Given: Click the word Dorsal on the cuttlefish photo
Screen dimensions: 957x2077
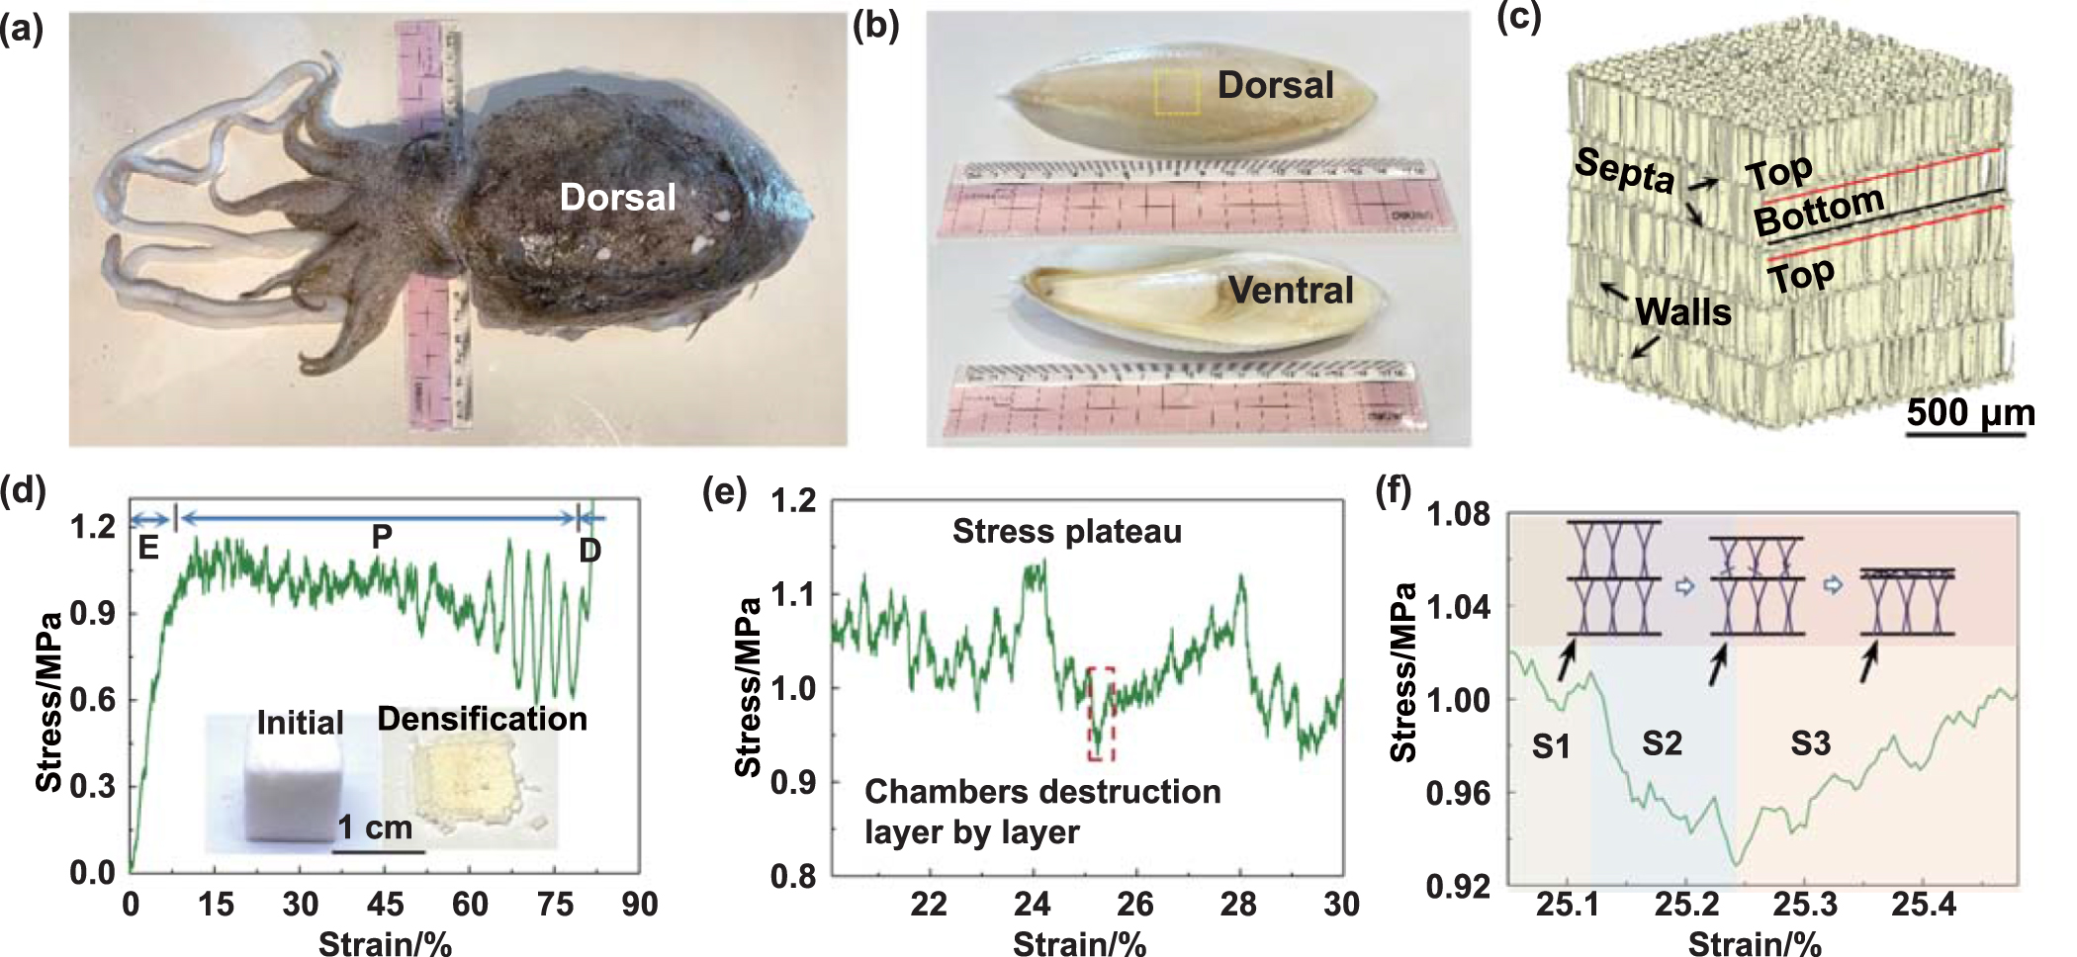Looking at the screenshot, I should [x=617, y=197].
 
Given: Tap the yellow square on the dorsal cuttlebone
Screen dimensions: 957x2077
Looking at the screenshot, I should [x=1176, y=92].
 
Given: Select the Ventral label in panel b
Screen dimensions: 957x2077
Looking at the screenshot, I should [x=1290, y=290].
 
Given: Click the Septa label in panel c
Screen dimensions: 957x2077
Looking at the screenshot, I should [x=1624, y=170].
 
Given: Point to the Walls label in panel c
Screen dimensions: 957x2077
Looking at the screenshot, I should [x=1683, y=312].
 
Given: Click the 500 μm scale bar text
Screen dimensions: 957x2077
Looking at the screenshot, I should [x=1970, y=412].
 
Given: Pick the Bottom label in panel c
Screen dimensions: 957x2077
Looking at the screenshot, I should [x=1819, y=210].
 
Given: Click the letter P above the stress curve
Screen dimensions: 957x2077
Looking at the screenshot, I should [x=382, y=537].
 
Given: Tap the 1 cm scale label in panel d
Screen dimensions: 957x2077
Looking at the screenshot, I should [x=375, y=826].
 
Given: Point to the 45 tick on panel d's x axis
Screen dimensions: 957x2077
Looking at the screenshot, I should [x=385, y=904].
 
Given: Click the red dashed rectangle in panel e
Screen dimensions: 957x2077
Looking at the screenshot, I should [x=1101, y=714].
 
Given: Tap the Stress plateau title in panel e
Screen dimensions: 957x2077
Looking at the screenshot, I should [x=1066, y=532].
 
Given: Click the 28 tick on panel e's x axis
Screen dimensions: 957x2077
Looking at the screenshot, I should [x=1238, y=904].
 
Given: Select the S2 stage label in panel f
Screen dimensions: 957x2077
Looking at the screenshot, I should [x=1662, y=742].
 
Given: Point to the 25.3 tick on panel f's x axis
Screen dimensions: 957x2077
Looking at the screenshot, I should [x=1804, y=904].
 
